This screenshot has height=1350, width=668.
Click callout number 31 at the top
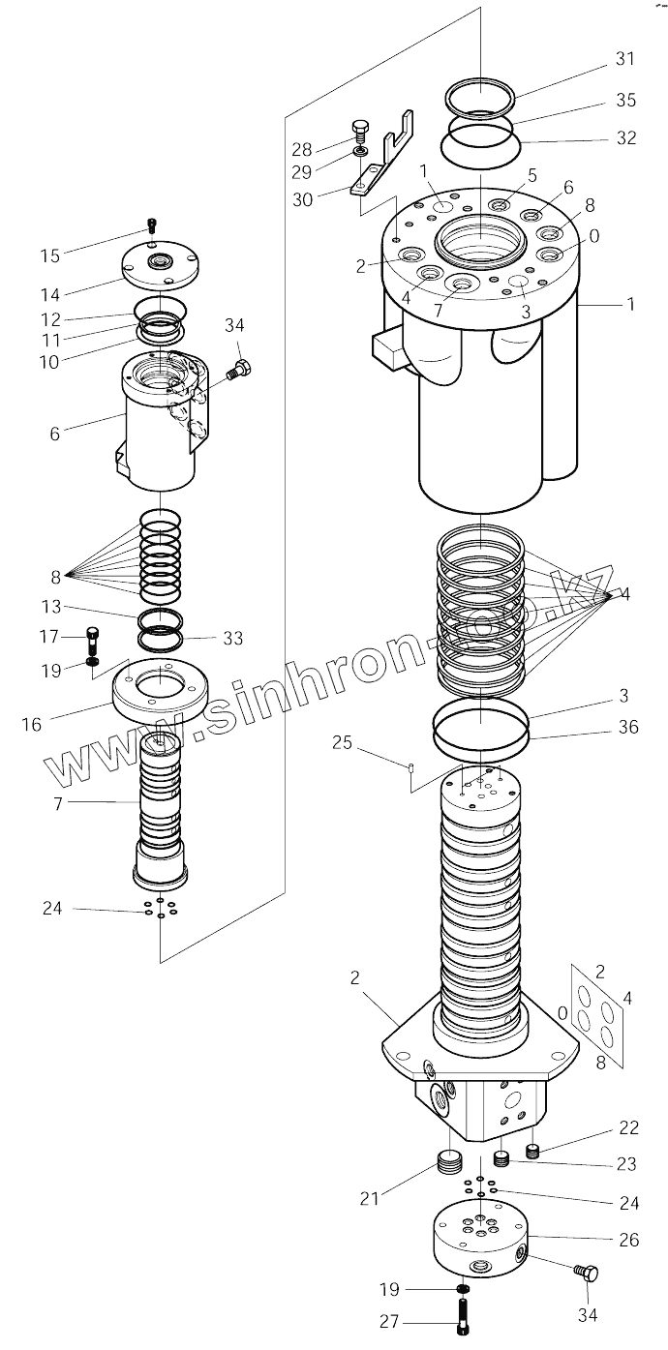[x=624, y=59]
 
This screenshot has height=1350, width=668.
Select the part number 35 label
[x=624, y=100]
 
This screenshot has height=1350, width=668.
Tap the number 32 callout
[x=624, y=138]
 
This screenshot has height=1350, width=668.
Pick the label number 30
[x=302, y=200]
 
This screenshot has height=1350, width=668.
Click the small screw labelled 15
[x=151, y=225]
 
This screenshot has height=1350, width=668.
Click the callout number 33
[x=232, y=639]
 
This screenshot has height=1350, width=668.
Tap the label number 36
[x=626, y=727]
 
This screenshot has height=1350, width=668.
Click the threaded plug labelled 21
[x=447, y=1160]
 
